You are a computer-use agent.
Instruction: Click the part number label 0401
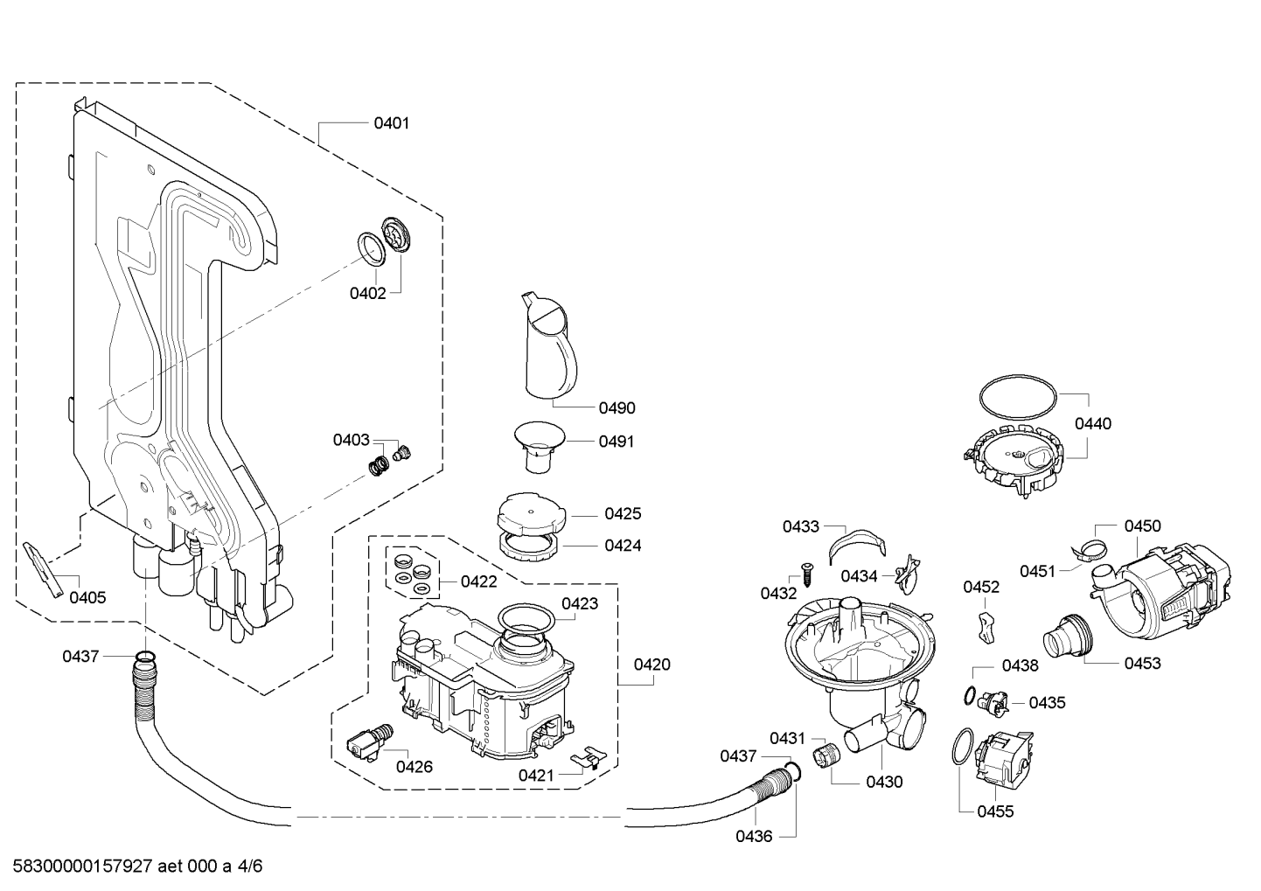pos(391,123)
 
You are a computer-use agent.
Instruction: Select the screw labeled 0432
pos(807,575)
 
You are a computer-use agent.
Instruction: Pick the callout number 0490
pos(617,408)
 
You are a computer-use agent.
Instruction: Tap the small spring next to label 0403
pos(379,465)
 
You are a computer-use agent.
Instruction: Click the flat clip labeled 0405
pos(43,569)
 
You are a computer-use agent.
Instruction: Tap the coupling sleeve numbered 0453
pos(1068,636)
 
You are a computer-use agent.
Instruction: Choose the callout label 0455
pos(995,811)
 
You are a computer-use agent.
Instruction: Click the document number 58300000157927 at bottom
pos(83,866)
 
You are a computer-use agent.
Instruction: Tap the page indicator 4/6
pos(249,866)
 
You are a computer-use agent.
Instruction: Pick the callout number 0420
pos(651,665)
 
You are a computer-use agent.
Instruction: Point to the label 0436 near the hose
pos(754,837)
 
